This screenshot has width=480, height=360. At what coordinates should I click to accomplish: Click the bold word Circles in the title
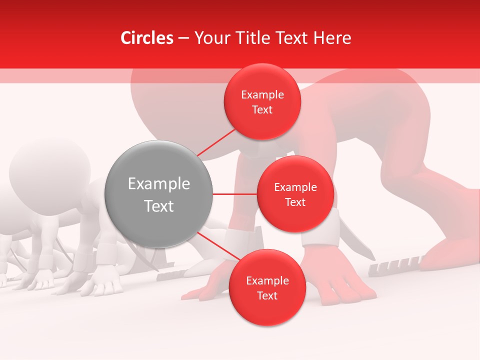pyautogui.click(x=147, y=38)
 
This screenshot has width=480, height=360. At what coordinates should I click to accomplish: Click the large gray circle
pyautogui.click(x=158, y=194)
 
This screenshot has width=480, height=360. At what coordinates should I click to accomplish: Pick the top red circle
pyautogui.click(x=262, y=102)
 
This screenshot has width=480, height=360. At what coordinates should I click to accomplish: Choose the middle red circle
pyautogui.click(x=295, y=194)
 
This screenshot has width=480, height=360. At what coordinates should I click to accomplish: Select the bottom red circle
pyautogui.click(x=267, y=288)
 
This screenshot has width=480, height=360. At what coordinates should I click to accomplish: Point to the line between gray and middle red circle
pyautogui.click(x=234, y=194)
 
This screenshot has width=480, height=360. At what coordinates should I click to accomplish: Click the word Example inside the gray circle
pyautogui.click(x=158, y=184)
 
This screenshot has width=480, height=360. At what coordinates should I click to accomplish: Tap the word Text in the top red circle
pyautogui.click(x=262, y=110)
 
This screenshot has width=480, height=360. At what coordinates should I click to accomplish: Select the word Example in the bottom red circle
pyautogui.click(x=267, y=280)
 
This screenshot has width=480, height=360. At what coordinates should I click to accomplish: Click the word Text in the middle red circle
pyautogui.click(x=295, y=202)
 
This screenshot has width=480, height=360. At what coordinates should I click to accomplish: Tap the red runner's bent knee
pyautogui.click(x=435, y=180)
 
